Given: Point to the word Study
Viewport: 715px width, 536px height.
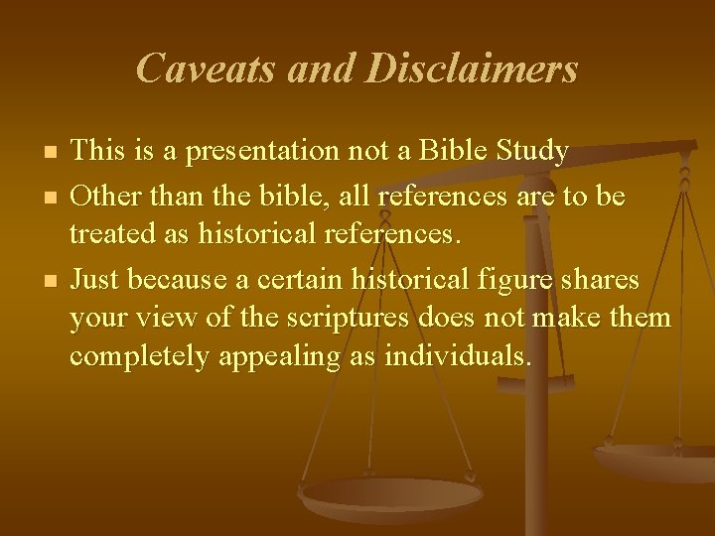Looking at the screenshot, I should coord(533,152).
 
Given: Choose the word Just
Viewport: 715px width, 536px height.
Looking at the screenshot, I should coord(95,281).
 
